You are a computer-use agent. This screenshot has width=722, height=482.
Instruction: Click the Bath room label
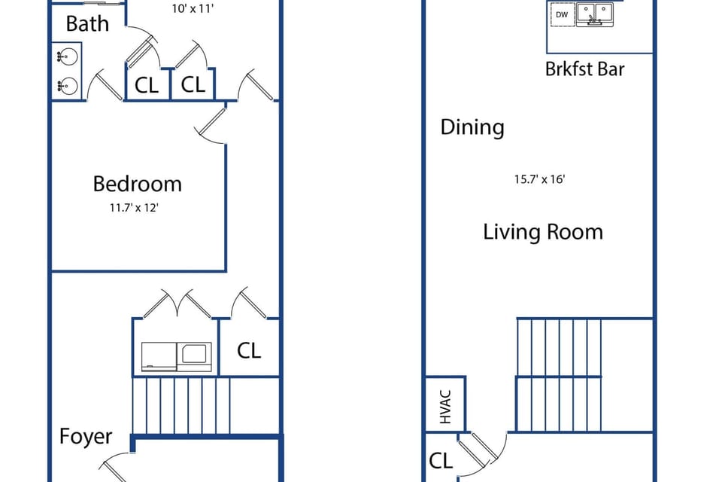[x=87, y=23]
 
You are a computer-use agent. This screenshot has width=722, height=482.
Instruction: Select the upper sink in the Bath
[x=67, y=56]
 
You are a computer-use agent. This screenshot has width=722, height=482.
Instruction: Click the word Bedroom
[x=137, y=184]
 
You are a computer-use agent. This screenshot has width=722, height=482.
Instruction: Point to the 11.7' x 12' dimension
[x=135, y=207]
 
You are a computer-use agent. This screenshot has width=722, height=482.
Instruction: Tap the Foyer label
[x=86, y=437]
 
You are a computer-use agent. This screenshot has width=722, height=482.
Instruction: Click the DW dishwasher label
[x=561, y=14]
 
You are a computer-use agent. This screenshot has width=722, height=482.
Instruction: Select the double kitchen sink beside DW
[x=596, y=14]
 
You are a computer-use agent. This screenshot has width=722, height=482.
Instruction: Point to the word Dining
[x=472, y=127]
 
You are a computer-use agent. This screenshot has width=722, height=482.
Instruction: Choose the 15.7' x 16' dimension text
[x=539, y=179]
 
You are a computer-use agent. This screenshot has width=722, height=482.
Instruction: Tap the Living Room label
[x=542, y=231]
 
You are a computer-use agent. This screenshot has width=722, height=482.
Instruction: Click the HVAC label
[x=445, y=404]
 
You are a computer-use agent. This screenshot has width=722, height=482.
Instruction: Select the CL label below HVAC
[x=441, y=460]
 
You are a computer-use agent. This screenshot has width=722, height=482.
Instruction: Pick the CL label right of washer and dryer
[x=249, y=350]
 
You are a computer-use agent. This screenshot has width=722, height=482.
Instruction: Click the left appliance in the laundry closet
[x=159, y=356]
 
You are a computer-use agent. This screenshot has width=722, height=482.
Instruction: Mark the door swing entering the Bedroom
[x=213, y=124]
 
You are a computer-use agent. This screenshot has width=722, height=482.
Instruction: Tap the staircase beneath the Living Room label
[x=558, y=374]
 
